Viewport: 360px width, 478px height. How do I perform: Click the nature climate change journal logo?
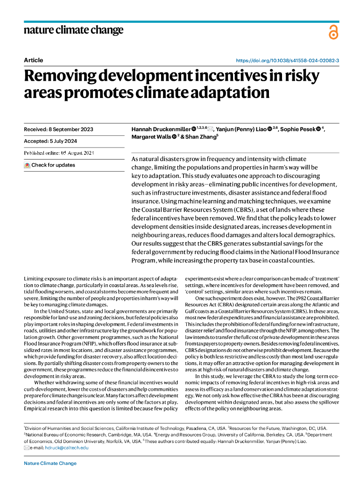point(73,31)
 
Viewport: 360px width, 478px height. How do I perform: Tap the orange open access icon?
point(332,32)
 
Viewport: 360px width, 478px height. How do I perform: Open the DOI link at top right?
point(287,61)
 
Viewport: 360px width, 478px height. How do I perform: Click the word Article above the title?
point(33,60)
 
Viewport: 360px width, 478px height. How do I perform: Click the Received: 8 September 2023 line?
point(58,129)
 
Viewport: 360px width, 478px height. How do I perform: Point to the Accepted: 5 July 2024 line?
point(50,141)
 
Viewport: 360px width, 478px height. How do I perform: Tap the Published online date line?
point(59,153)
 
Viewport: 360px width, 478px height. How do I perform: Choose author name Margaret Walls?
point(148,137)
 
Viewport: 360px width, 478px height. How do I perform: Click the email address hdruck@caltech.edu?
point(65,448)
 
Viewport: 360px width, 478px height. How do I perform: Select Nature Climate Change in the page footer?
point(50,464)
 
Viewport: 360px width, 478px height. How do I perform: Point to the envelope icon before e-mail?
point(27,448)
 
